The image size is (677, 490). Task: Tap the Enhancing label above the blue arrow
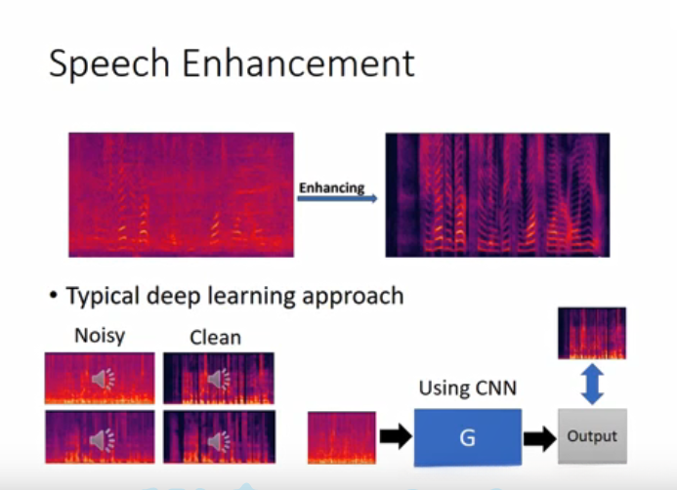[331, 187]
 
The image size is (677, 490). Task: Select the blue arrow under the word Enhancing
[338, 199]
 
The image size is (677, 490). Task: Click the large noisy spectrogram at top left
[181, 194]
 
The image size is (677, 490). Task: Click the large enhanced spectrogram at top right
[497, 194]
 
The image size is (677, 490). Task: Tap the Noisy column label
[100, 337]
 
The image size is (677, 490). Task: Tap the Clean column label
[215, 338]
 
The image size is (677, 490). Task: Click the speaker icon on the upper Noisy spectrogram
[102, 379]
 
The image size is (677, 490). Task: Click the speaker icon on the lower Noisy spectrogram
[102, 441]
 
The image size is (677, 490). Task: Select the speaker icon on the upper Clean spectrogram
[218, 379]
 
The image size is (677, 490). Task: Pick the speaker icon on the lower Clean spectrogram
[218, 441]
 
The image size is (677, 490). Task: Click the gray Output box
[591, 437]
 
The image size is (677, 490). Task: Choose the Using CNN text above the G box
[467, 388]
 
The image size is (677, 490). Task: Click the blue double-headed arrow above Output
[591, 385]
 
